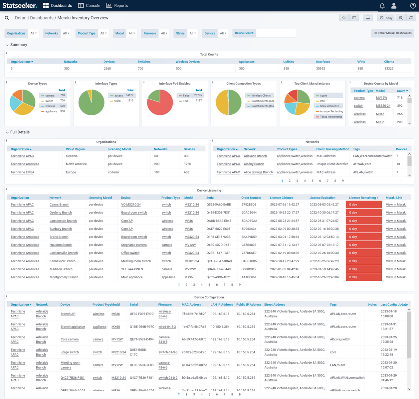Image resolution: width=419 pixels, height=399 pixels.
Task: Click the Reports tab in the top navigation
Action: pos(117,6)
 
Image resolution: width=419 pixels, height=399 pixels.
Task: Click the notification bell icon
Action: pos(382,6)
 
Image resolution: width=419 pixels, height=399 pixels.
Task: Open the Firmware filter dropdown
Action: pos(164,33)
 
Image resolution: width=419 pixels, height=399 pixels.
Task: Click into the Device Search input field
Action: pos(276,33)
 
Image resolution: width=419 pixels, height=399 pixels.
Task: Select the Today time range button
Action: pos(386,18)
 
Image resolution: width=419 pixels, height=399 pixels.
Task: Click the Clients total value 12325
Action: pos(389,68)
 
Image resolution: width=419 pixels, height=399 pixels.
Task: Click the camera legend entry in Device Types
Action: pos(50,95)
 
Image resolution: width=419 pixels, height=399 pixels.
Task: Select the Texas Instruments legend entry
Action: pos(331,117)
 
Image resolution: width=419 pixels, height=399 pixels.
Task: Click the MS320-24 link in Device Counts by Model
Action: pos(383,106)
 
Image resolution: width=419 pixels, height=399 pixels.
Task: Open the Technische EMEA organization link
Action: pos(22,172)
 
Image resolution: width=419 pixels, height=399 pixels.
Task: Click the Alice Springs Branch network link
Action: pos(258,172)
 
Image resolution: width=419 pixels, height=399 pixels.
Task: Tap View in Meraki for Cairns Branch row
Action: pos(396,204)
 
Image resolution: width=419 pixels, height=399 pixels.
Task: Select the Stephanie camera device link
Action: pos(134,245)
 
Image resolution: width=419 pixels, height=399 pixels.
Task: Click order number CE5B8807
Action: pos(249,245)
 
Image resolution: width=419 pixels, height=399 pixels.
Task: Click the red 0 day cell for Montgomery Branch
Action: pos(363,277)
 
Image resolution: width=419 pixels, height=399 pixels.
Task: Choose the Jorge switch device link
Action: pos(70,352)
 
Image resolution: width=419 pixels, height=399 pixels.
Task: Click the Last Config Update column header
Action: pos(394,305)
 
